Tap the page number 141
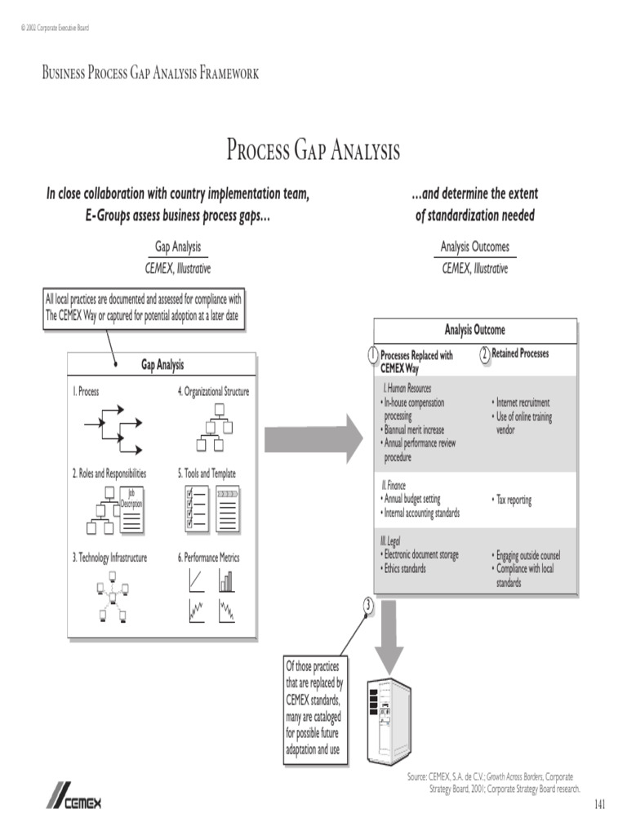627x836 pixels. [x=600, y=805]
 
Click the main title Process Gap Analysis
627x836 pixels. [x=313, y=151]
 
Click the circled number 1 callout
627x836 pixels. [x=372, y=355]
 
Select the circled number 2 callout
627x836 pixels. [x=484, y=354]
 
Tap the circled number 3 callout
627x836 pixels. [x=368, y=605]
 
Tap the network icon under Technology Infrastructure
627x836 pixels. [x=110, y=598]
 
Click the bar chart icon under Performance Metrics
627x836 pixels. [x=226, y=580]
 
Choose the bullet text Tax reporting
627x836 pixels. [x=512, y=500]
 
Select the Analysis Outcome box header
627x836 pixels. [x=474, y=330]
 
